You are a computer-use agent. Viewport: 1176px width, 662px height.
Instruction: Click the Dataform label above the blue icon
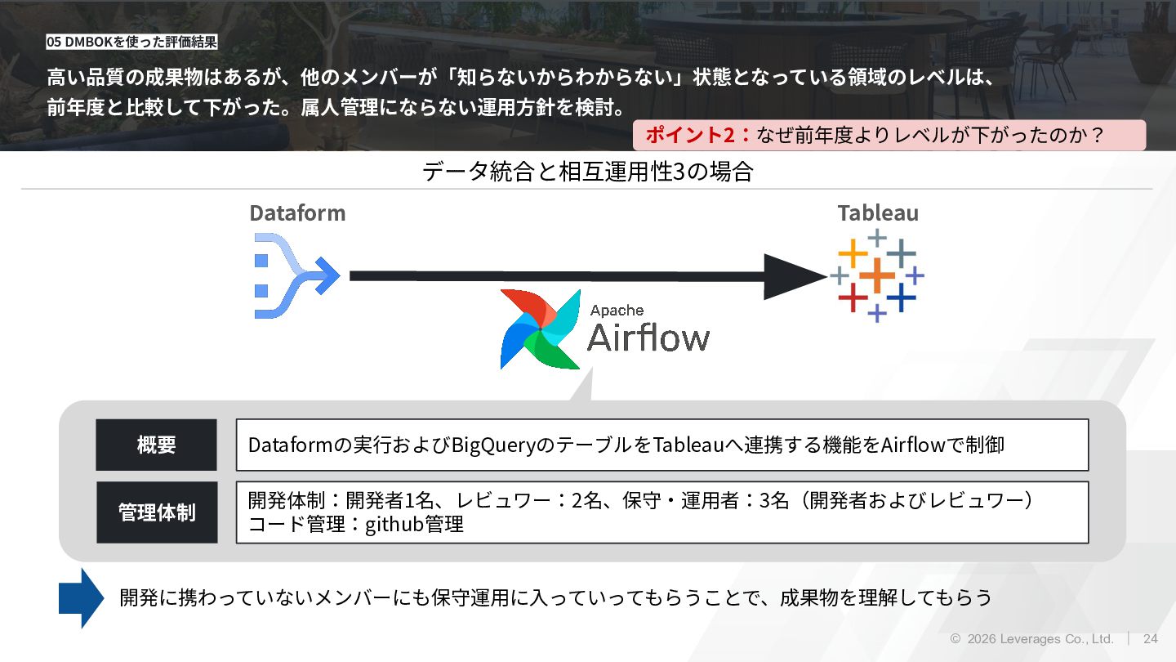pos(297,213)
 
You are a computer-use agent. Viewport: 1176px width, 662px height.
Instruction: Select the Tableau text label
pos(878,213)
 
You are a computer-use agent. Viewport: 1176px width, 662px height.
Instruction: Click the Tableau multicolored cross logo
pos(877,275)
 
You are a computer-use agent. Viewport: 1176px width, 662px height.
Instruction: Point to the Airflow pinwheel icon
pos(540,329)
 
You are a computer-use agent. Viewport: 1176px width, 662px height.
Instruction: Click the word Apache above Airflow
pos(617,311)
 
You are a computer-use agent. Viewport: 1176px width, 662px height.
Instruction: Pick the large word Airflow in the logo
pos(648,338)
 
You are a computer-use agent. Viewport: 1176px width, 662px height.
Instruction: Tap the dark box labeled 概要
pos(156,445)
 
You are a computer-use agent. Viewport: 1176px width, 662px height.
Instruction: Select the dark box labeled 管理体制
pos(157,512)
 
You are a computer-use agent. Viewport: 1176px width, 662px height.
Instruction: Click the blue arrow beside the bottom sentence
pos(81,598)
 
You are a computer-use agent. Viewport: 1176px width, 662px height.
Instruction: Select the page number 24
pos(1151,639)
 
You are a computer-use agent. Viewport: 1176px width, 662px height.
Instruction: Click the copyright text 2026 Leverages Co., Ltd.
pos(1039,639)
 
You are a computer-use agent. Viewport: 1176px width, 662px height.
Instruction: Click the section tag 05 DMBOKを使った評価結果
pos(131,42)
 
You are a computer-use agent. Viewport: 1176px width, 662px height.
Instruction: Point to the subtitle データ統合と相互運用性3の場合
pos(587,172)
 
